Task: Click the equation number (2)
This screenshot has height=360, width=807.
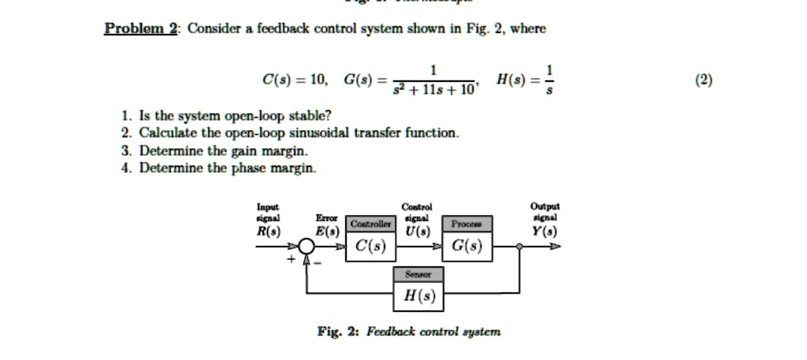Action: point(704,80)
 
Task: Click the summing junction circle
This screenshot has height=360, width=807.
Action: point(308,247)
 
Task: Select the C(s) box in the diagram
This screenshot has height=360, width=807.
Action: point(370,247)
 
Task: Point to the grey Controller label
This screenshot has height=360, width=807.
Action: point(370,224)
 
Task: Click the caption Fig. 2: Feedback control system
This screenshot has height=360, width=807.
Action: point(408,332)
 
